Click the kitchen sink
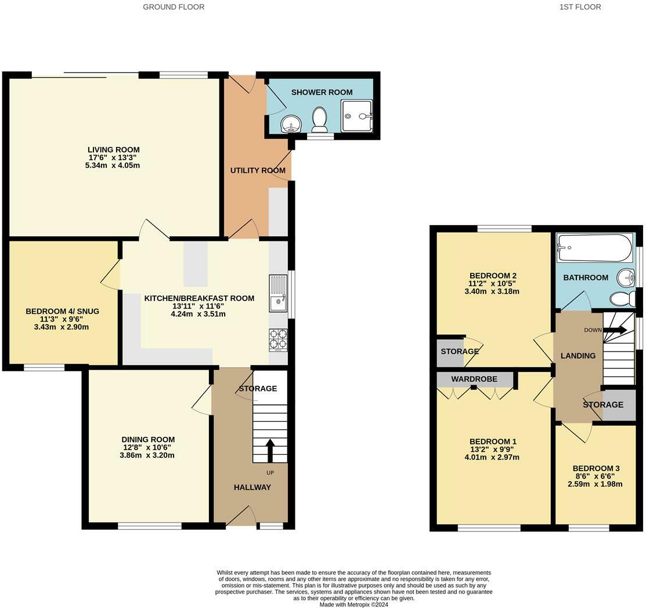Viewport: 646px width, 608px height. click(278, 294)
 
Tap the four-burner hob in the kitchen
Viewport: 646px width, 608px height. click(278, 340)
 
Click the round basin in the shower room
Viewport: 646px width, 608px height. click(292, 124)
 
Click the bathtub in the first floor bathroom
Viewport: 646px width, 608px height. click(594, 248)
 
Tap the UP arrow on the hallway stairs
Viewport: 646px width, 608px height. click(270, 450)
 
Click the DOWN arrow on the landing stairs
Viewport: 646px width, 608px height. click(615, 330)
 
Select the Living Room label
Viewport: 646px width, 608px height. click(114, 150)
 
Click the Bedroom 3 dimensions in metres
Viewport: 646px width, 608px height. click(595, 484)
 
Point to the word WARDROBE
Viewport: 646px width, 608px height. click(474, 379)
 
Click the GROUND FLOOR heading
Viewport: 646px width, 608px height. click(174, 6)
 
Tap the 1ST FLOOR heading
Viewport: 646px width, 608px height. click(580, 6)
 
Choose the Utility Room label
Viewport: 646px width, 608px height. click(258, 170)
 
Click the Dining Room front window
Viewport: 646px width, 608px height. click(150, 526)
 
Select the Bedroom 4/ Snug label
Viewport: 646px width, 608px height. click(62, 312)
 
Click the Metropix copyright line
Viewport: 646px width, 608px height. click(354, 605)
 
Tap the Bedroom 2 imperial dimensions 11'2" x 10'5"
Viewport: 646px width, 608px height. click(492, 283)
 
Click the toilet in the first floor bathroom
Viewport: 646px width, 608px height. click(623, 299)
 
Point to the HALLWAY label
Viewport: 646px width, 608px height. click(252, 487)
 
